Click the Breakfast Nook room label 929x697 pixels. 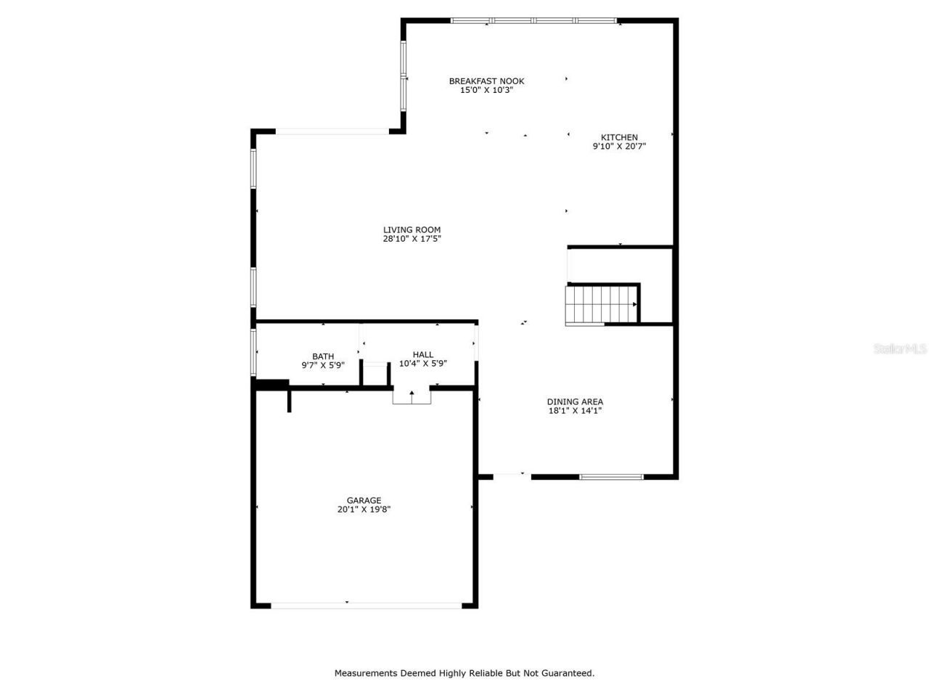tap(486, 81)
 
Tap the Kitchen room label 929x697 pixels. tap(619, 137)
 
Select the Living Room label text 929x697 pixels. tap(412, 229)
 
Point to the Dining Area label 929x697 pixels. tap(575, 402)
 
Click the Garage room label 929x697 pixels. tap(364, 500)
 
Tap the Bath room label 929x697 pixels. tap(323, 356)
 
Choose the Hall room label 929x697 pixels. tap(422, 354)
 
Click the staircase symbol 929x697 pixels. tap(600, 304)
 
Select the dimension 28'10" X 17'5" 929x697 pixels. tap(412, 239)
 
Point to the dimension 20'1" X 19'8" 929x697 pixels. tap(364, 510)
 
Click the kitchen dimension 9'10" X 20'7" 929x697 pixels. tap(619, 147)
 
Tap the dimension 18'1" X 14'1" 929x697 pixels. tap(575, 411)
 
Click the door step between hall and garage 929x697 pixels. tap(412, 396)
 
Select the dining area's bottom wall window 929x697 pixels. tap(611, 477)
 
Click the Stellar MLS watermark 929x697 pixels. tap(900, 349)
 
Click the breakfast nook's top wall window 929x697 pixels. tap(534, 20)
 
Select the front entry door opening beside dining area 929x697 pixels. tap(511, 476)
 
